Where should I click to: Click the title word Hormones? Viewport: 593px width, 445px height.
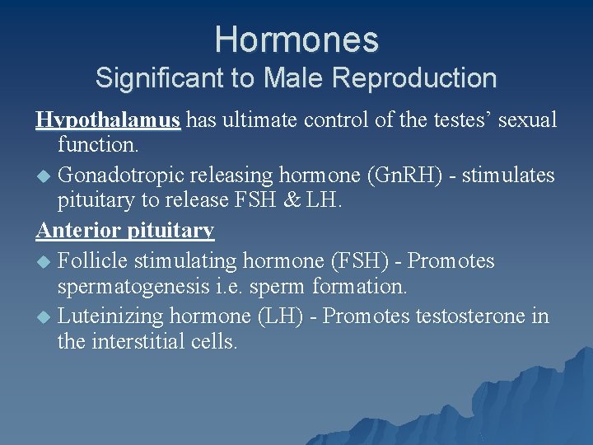pos(296,40)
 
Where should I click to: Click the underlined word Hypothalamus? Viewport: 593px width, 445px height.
pos(108,120)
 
